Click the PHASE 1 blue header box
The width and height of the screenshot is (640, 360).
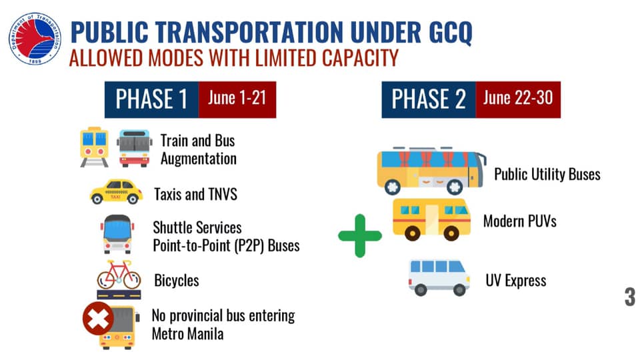[x=151, y=99]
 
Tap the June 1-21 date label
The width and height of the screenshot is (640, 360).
[x=237, y=99]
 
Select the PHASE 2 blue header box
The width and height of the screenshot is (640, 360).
[x=428, y=99]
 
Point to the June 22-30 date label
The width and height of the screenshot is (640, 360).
[x=517, y=99]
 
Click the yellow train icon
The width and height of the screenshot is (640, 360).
[x=94, y=147]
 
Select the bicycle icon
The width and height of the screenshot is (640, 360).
[x=119, y=275]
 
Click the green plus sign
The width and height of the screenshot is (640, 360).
[x=360, y=235]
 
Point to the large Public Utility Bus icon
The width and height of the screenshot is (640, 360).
[x=431, y=171]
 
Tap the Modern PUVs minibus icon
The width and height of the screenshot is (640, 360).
[x=431, y=219]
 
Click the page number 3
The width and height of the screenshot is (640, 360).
[x=629, y=297]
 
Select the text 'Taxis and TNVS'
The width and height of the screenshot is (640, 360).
[x=195, y=195]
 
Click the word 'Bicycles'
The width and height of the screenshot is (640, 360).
[x=176, y=280]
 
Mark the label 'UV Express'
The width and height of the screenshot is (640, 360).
[x=515, y=280]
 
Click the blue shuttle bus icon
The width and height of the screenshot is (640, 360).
[x=117, y=234]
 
